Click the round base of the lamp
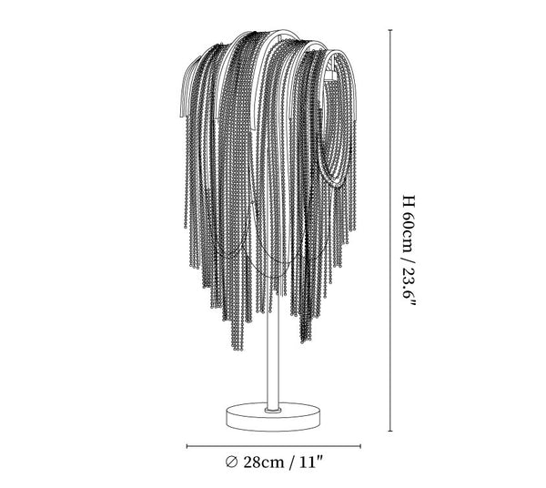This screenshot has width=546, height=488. (x=273, y=417)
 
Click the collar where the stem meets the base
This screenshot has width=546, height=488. (x=273, y=411)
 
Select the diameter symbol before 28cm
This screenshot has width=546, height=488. (x=231, y=462)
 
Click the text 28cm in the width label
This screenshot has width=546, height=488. (x=263, y=463)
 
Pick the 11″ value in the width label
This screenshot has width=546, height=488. (x=311, y=462)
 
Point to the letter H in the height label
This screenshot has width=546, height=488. (x=409, y=202)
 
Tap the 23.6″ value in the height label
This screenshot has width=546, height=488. (x=409, y=286)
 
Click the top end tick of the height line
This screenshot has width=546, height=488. (x=390, y=31)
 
